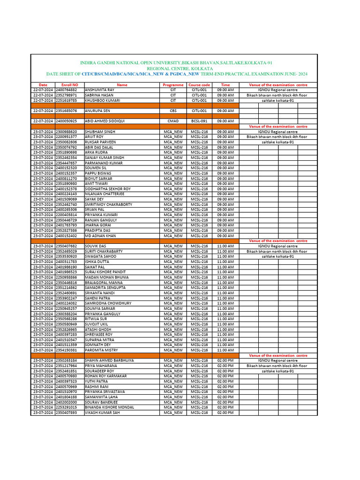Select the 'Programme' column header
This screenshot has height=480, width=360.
(173, 85)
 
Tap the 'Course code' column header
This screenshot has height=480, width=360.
(199, 85)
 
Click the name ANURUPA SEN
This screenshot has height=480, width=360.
(97, 111)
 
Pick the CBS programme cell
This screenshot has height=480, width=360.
(173, 111)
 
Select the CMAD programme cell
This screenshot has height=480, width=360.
(173, 121)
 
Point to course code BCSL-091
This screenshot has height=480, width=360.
(199, 121)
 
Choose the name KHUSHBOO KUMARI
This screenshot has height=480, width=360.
(102, 100)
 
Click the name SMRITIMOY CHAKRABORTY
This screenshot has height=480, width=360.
(108, 204)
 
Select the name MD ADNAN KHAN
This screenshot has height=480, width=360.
(100, 236)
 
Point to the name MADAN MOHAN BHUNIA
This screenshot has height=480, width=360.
(106, 277)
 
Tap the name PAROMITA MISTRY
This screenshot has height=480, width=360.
(101, 350)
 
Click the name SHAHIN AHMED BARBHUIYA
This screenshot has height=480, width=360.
(109, 360)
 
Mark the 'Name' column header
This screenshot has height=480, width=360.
(122, 85)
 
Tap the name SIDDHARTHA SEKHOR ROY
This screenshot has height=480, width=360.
(108, 188)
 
